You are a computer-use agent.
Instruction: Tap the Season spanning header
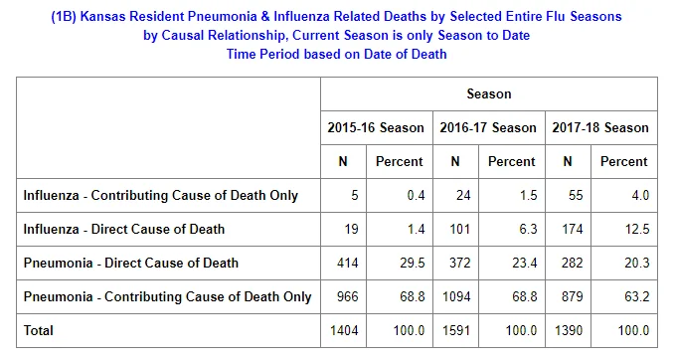[489, 93]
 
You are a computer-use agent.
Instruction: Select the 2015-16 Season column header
[376, 127]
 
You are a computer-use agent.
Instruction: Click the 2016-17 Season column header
[488, 127]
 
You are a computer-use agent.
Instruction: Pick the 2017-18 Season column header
[600, 127]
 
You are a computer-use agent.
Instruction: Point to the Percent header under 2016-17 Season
[512, 161]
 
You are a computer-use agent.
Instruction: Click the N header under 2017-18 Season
[568, 161]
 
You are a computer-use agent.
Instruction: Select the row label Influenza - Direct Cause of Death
[124, 229]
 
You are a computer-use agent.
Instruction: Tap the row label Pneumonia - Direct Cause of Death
[130, 263]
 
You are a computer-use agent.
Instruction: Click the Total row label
[38, 330]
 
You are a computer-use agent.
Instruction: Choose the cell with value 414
[347, 263]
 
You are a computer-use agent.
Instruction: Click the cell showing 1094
[456, 296]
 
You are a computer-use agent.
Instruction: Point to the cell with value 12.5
[637, 229]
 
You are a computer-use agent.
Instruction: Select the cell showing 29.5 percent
[413, 263]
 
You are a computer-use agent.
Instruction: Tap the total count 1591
[456, 330]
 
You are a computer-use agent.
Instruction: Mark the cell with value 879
[573, 296]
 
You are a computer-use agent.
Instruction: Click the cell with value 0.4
[416, 195]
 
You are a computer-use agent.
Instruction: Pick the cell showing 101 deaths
[460, 229]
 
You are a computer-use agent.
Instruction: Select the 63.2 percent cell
[637, 296]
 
